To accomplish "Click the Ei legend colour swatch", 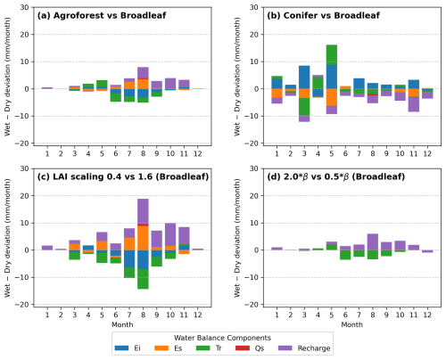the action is point(121,348).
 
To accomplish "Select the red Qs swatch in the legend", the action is point(243,348).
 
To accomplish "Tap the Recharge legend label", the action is point(314,348).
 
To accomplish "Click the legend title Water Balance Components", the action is point(222,338).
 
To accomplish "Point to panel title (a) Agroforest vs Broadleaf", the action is point(102,15).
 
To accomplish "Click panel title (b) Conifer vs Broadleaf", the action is point(323,15).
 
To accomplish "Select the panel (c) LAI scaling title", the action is point(123,176).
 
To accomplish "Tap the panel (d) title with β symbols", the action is point(335,176).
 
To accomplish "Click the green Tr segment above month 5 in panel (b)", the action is point(332,55).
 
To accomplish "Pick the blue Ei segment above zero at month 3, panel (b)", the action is point(304,78).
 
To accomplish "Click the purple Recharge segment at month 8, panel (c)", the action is point(143,211).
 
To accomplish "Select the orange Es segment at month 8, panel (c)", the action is point(143,238).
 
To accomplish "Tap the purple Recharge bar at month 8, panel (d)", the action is point(373,242).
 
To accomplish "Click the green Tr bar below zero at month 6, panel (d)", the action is point(345,255).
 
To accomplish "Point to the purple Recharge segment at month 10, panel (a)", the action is point(170,84).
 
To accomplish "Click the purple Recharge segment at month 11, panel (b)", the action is point(414,104).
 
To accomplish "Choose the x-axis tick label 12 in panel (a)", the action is point(198,153).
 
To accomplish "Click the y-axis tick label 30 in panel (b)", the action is point(253,7).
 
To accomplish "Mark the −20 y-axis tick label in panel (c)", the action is point(25,305).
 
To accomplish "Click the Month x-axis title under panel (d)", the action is point(351,324).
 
